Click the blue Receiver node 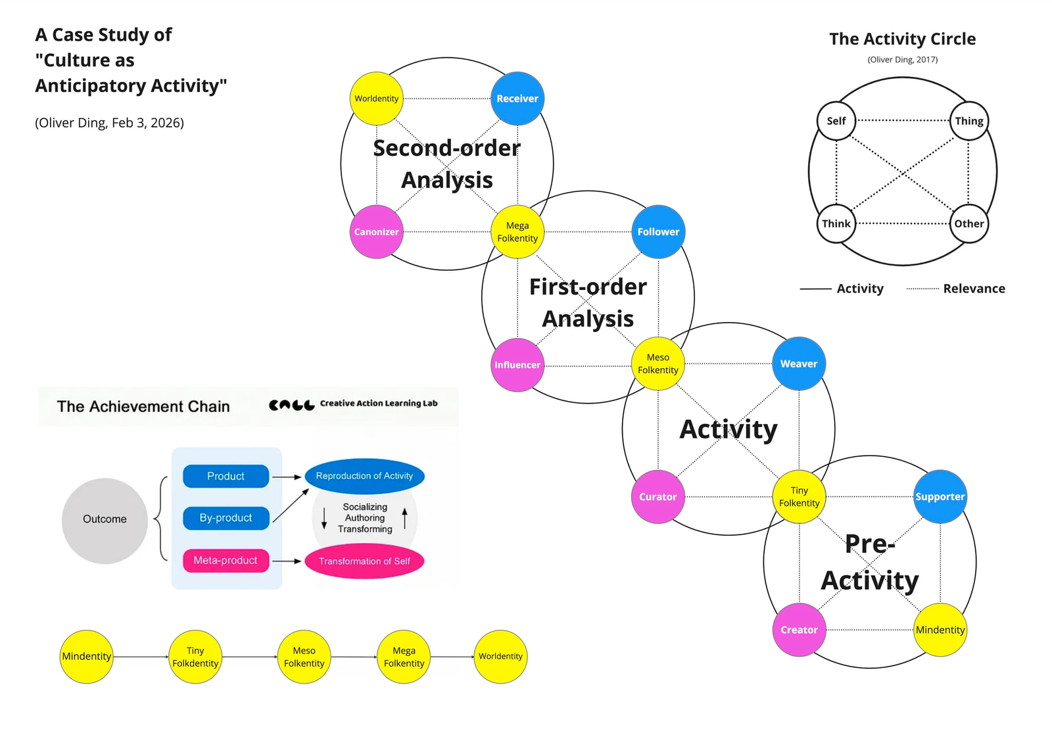(517, 99)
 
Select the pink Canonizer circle (376, 231)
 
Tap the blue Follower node (658, 231)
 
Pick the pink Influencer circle (517, 365)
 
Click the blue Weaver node (799, 364)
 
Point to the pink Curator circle (658, 497)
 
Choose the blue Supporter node (940, 496)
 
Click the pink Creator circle (799, 630)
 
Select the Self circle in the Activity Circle (836, 121)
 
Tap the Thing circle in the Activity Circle (969, 121)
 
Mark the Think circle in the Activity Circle (836, 224)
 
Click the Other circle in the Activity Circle (969, 224)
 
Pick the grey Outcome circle (105, 520)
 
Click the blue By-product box (226, 518)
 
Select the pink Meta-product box (226, 561)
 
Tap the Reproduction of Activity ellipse (364, 476)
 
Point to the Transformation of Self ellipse (364, 561)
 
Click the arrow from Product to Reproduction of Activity (287, 477)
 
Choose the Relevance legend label (974, 289)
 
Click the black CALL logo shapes (291, 405)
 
